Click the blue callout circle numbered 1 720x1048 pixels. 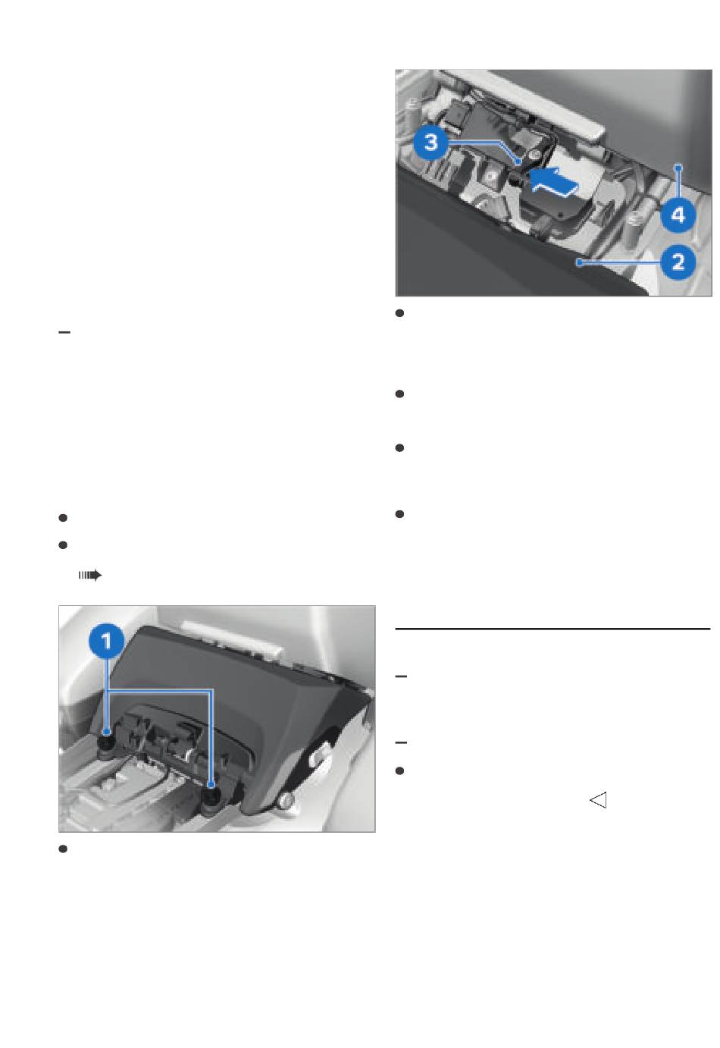pyautogui.click(x=107, y=641)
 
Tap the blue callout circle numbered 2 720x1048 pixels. pyautogui.click(x=678, y=262)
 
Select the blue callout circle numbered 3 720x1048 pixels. pyautogui.click(x=431, y=141)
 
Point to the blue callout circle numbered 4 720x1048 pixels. pyautogui.click(x=678, y=215)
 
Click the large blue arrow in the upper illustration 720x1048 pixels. pyautogui.click(x=555, y=183)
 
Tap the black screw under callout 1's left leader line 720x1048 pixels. pyautogui.click(x=107, y=747)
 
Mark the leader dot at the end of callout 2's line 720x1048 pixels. pyautogui.click(x=579, y=262)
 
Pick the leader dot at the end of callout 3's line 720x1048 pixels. pyautogui.click(x=518, y=162)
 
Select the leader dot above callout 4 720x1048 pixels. pyautogui.click(x=678, y=167)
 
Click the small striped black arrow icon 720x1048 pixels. pyautogui.click(x=89, y=575)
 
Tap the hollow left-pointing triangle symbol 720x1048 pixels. pyautogui.click(x=598, y=800)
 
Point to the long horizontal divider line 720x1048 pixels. pyautogui.click(x=553, y=629)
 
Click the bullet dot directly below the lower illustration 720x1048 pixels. pyautogui.click(x=63, y=849)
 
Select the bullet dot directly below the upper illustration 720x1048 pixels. pyautogui.click(x=399, y=313)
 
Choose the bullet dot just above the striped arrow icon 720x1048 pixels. pyautogui.click(x=63, y=545)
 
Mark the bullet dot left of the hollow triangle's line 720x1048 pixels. pyautogui.click(x=399, y=770)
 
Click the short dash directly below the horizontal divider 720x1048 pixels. pyautogui.click(x=401, y=676)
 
